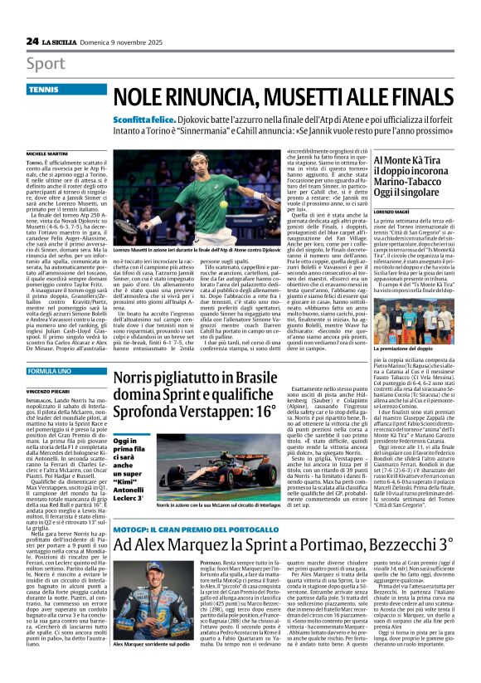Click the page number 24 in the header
tap(32, 41)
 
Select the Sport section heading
tap(46, 63)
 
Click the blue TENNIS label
tap(44, 88)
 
